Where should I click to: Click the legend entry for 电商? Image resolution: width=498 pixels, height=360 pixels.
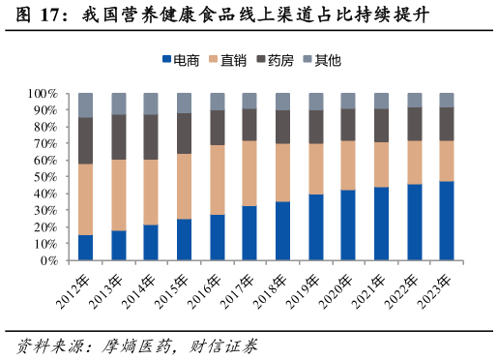click(x=180, y=60)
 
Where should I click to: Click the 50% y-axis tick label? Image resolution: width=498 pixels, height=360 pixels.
click(x=45, y=177)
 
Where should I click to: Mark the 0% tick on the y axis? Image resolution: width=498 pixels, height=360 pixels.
click(x=49, y=261)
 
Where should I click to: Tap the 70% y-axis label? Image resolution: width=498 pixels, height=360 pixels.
click(x=45, y=144)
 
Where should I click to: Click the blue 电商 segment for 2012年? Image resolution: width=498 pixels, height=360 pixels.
click(x=86, y=248)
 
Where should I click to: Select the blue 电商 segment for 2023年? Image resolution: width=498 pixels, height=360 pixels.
click(x=447, y=221)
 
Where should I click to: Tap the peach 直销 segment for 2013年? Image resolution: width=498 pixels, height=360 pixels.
click(x=119, y=195)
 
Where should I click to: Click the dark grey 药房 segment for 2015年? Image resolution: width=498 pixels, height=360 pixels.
click(x=184, y=134)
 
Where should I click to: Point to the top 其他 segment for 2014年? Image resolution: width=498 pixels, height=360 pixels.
click(x=151, y=104)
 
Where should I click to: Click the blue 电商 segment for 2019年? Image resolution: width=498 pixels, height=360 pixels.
click(x=315, y=227)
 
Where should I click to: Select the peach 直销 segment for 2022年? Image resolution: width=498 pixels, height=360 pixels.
click(x=414, y=163)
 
